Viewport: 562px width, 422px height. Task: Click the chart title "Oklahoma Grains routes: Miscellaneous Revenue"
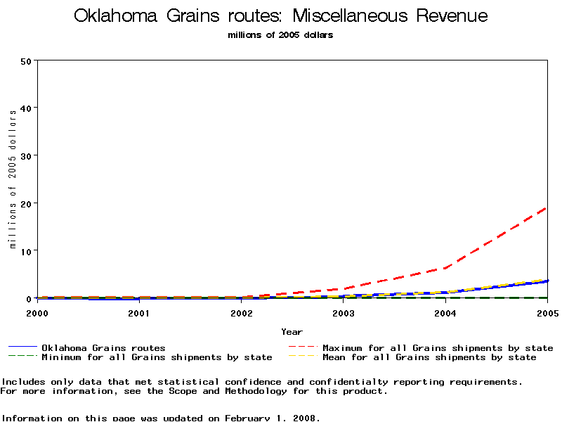click(280, 16)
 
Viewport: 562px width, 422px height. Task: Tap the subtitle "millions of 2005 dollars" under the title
click(280, 35)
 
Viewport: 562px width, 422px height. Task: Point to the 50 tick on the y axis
click(27, 60)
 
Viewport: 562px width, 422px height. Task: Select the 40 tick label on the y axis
click(27, 108)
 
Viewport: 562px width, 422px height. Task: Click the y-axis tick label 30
click(27, 155)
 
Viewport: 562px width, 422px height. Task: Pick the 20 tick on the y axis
click(27, 203)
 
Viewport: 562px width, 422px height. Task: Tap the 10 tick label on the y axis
click(27, 251)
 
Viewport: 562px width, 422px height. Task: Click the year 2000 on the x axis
click(37, 312)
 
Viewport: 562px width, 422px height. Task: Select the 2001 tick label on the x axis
click(138, 312)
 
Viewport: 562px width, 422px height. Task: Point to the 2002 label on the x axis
click(241, 312)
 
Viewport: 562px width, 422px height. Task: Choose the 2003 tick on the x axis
click(343, 312)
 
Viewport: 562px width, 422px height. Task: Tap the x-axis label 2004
click(445, 312)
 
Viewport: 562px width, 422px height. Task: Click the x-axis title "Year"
click(292, 331)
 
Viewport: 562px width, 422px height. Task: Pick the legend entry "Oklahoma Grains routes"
click(103, 347)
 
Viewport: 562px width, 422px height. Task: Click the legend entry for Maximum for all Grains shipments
click(437, 347)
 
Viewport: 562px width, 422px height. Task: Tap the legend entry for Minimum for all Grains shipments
click(156, 357)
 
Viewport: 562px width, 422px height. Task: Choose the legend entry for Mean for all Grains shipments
click(429, 357)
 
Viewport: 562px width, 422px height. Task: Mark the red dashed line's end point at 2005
click(547, 207)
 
